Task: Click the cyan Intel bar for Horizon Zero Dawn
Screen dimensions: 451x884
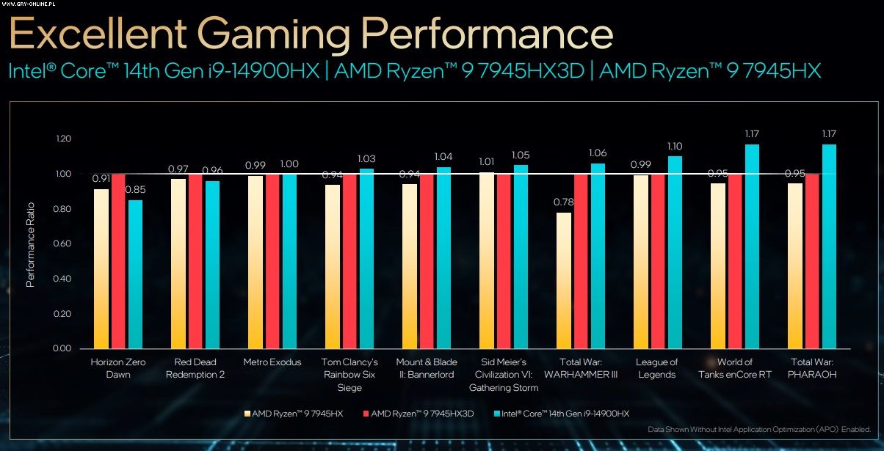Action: (135, 274)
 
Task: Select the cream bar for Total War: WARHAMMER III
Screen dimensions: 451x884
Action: (564, 280)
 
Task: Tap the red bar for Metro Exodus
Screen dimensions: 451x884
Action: (272, 261)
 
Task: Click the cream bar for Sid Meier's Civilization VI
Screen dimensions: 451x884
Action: (487, 260)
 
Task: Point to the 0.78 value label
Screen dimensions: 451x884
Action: (563, 202)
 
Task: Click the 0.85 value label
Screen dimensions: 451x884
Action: (134, 190)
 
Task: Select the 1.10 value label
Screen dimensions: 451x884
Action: (675, 146)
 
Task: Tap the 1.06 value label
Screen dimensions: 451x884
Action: (598, 153)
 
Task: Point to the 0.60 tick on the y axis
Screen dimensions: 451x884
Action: (62, 243)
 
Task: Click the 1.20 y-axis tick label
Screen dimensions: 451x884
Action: (62, 139)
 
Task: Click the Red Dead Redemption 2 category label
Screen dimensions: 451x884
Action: (195, 368)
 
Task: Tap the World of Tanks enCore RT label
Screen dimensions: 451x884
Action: (735, 368)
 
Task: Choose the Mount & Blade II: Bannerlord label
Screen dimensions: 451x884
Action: (427, 368)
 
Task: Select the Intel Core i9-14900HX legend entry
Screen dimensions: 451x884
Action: (562, 414)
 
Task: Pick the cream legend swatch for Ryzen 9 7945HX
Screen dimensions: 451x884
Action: (247, 414)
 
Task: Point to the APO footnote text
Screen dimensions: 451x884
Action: (759, 430)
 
